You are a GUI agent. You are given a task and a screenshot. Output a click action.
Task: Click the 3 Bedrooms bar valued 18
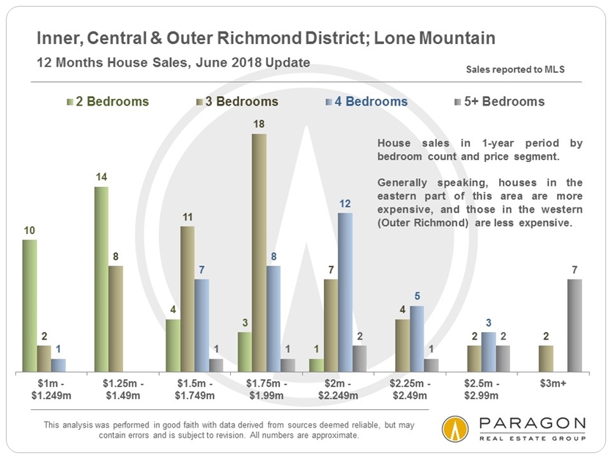point(259,253)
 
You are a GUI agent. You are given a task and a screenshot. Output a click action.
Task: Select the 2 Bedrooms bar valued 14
point(101,279)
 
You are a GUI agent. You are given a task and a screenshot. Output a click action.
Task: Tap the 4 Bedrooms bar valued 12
point(345,293)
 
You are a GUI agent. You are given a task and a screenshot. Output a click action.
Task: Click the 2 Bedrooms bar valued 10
point(29,306)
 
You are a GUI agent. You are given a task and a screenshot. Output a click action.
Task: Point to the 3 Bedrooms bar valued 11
point(188,299)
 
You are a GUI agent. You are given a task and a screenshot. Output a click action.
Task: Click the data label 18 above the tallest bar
point(259,125)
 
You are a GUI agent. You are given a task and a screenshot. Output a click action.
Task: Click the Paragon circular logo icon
point(455,430)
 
